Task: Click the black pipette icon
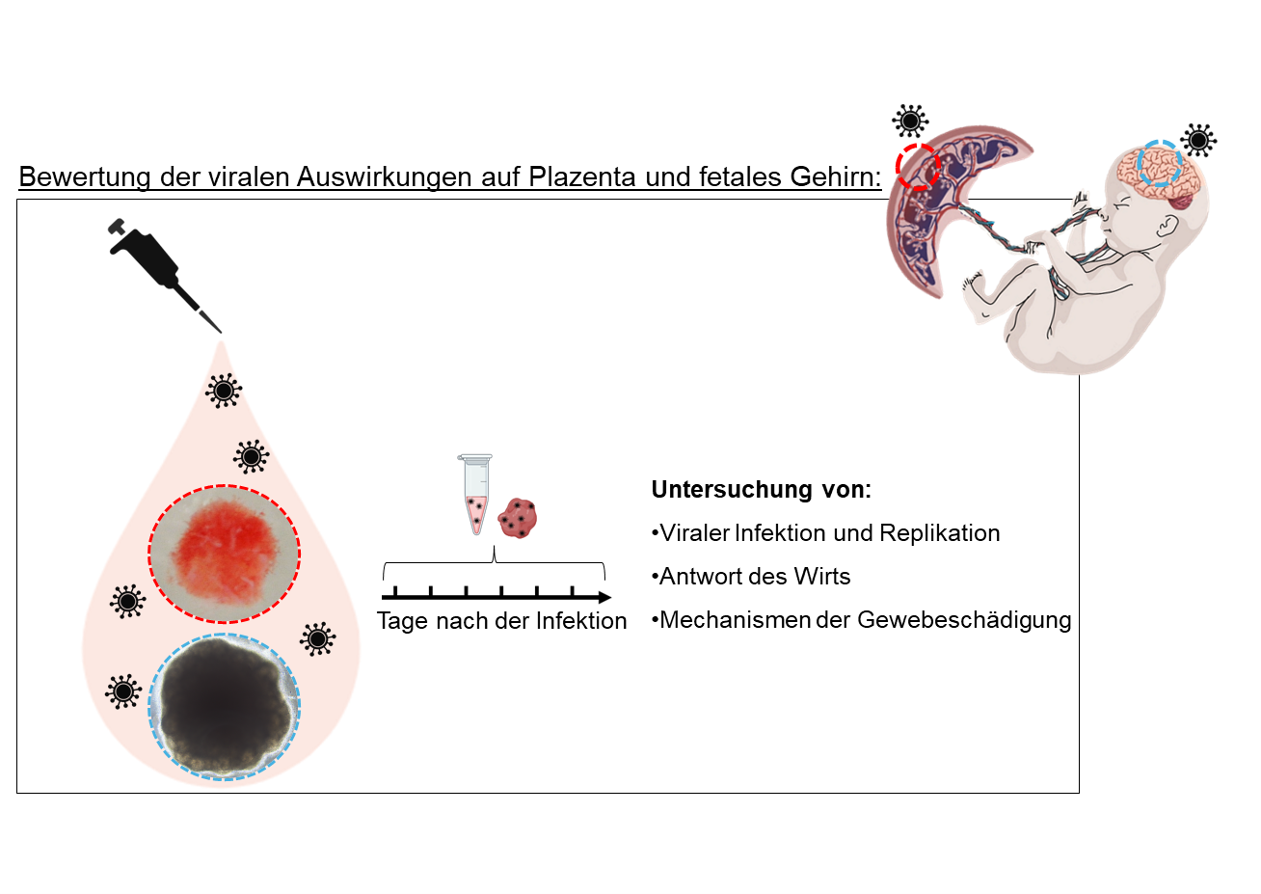click(x=154, y=265)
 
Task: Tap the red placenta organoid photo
click(x=224, y=554)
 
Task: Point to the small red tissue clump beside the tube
click(x=518, y=518)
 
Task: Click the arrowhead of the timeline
click(x=604, y=598)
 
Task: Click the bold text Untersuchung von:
click(x=761, y=490)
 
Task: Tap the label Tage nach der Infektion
click(x=501, y=621)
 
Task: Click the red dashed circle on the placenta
click(x=917, y=166)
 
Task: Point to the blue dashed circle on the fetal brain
click(x=1159, y=164)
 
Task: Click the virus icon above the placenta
click(x=910, y=122)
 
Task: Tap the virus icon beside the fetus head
click(x=1198, y=141)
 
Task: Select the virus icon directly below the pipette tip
click(x=224, y=391)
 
